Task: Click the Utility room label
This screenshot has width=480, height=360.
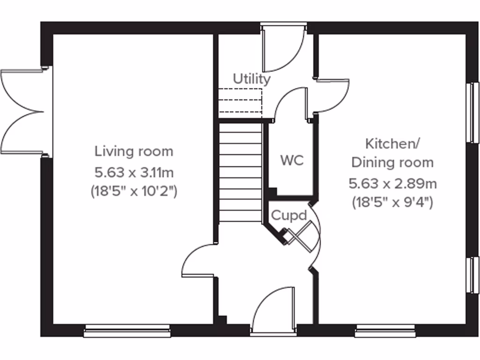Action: (252, 79)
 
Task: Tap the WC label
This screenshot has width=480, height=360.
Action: (292, 160)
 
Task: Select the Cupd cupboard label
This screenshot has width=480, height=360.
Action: (289, 216)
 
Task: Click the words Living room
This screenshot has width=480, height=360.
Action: (134, 151)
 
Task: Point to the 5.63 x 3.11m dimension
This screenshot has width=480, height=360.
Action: (134, 172)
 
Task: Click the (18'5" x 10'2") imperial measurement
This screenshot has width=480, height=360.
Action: (134, 192)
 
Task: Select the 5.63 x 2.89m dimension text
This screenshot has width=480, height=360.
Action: (392, 183)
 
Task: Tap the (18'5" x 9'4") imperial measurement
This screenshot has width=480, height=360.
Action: (392, 203)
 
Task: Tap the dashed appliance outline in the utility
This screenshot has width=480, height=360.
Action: (240, 102)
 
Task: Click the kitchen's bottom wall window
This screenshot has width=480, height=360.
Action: (385, 331)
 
